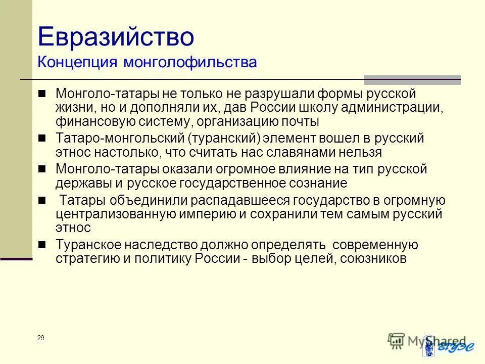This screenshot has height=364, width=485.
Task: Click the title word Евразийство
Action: pyautogui.click(x=116, y=37)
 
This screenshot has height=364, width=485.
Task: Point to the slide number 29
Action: pyautogui.click(x=40, y=338)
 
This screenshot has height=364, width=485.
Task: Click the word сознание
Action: pyautogui.click(x=317, y=183)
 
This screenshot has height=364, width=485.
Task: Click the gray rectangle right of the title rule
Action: pyautogui.click(x=412, y=79)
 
